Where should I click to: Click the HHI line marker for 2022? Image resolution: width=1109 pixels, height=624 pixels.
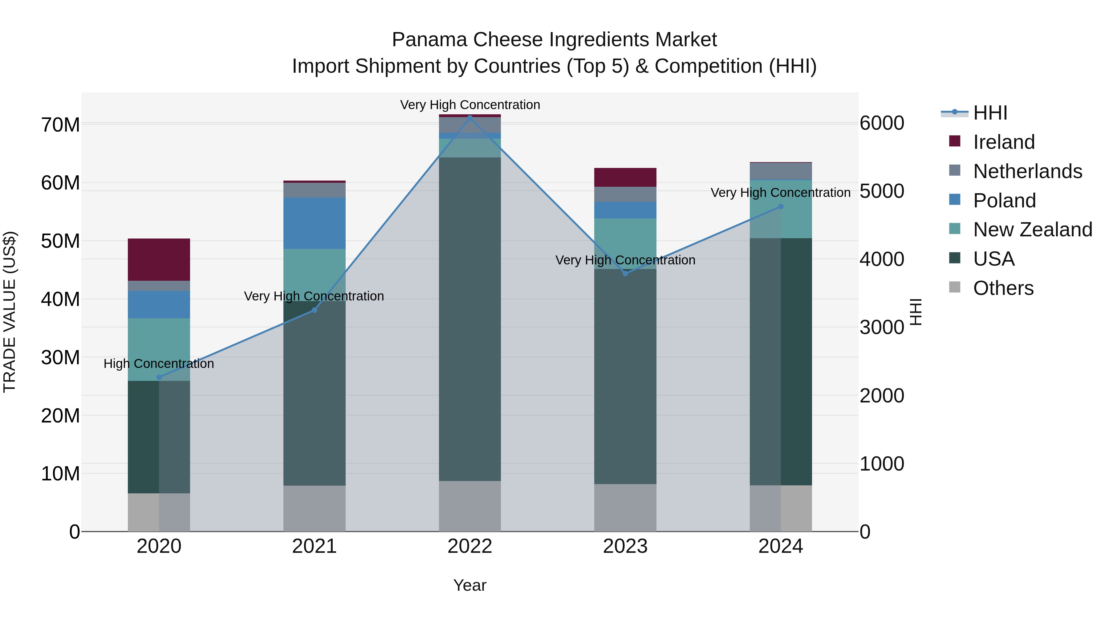pos(470,117)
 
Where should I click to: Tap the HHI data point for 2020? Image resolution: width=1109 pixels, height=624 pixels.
pos(159,377)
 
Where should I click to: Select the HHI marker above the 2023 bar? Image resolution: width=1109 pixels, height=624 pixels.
pos(625,273)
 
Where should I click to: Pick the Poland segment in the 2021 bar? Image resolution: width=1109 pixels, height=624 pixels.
pos(314,223)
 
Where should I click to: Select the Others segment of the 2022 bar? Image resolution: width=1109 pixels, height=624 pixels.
pos(470,506)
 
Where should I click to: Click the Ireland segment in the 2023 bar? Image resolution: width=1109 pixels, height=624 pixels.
pos(625,177)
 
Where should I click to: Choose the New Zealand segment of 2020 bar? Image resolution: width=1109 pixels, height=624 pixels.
pos(159,349)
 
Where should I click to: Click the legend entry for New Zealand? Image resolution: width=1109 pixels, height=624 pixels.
pos(1032,230)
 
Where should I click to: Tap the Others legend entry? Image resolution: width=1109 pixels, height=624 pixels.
pos(1003,288)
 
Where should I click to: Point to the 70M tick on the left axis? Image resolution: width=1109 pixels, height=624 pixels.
pos(60,125)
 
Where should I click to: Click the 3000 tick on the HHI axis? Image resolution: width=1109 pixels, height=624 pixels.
pos(882,327)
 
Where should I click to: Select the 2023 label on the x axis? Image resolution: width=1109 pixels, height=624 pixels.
pos(625,546)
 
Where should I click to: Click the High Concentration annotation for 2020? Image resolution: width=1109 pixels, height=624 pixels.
pos(159,364)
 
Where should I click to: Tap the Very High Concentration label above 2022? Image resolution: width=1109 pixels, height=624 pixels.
pos(470,105)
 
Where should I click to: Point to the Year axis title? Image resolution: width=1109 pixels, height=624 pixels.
pos(470,585)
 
